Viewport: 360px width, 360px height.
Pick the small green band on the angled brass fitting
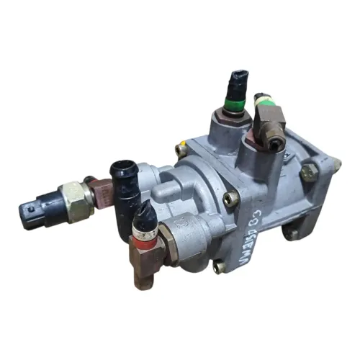coord(263,96)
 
